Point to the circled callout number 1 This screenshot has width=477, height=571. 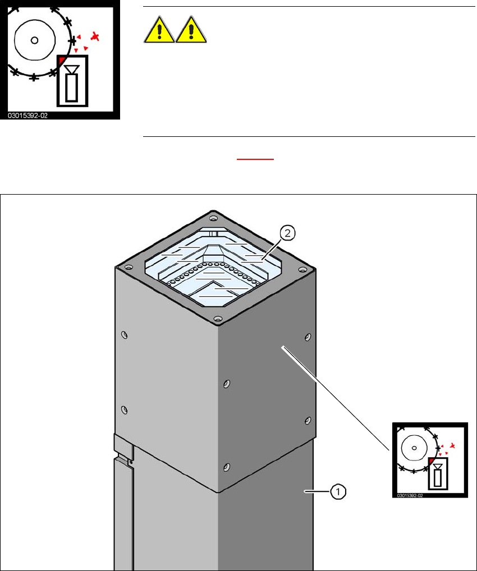pos(338,492)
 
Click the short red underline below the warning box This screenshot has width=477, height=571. pos(255,159)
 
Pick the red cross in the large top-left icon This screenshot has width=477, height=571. pos(97,37)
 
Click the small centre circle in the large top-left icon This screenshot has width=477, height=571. pos(34,40)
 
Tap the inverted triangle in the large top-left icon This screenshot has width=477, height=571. pos(71,69)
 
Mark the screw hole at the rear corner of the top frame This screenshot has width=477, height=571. pos(213,218)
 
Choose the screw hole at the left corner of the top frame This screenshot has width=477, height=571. pos(129,269)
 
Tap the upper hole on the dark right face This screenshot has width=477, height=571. pos(308,338)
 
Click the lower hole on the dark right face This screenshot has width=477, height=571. pos(308,420)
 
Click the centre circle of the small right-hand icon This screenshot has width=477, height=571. pos(414,448)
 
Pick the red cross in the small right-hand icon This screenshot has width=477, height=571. pos(452,446)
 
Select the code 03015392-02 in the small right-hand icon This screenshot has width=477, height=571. pos(410,495)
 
